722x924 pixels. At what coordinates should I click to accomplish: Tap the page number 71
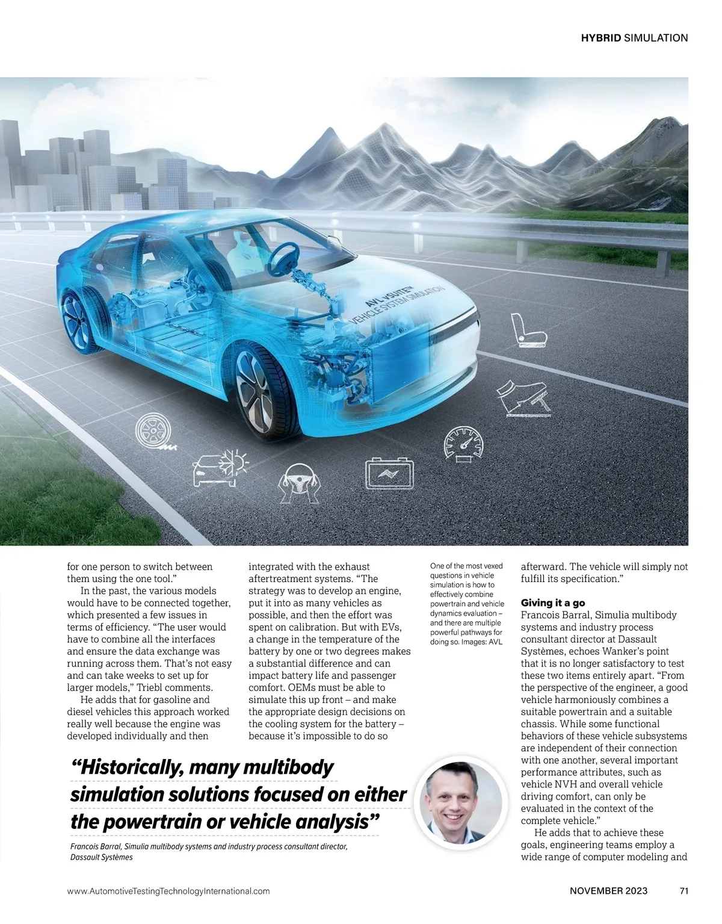683,891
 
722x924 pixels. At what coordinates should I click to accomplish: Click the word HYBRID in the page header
600,38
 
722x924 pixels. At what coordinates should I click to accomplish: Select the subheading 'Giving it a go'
552,603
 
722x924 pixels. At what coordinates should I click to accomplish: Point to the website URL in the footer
168,891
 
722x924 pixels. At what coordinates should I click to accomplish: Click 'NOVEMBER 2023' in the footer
608,891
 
